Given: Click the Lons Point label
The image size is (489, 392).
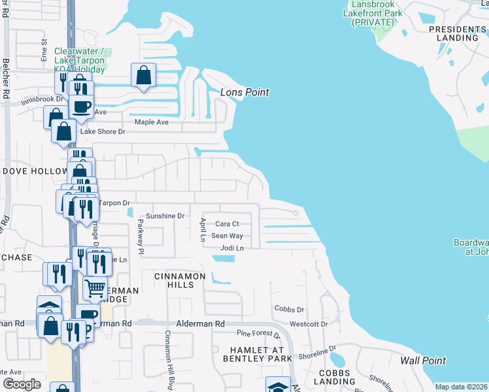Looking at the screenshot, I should click(244, 92).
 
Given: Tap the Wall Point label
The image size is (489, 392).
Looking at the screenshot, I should click(423, 361).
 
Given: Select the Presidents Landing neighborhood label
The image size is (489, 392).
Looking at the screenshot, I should click(458, 33).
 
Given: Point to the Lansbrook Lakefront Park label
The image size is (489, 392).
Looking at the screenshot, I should click(372, 14).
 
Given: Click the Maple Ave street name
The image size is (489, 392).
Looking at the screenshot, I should click(152, 122).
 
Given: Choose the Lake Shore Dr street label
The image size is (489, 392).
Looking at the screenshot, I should click(102, 131).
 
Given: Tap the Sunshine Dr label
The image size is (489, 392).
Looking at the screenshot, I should click(166, 216).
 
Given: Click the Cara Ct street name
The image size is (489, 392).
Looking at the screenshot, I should click(228, 223).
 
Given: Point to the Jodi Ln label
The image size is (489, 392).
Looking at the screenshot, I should click(232, 248).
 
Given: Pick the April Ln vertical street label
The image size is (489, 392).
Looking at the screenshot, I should click(203, 229).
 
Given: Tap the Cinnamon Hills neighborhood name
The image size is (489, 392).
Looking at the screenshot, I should click(180, 276).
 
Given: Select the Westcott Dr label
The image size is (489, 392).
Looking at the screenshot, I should click(309, 324).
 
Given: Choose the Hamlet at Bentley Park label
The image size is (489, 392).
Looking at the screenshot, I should click(256, 355).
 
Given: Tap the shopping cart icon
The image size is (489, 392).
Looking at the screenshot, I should click(95, 288).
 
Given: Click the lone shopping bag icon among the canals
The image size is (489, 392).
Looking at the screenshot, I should click(143, 75).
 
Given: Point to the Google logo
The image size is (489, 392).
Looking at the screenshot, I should click(22, 384).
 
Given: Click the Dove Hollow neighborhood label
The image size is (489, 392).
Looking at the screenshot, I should click(35, 171).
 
